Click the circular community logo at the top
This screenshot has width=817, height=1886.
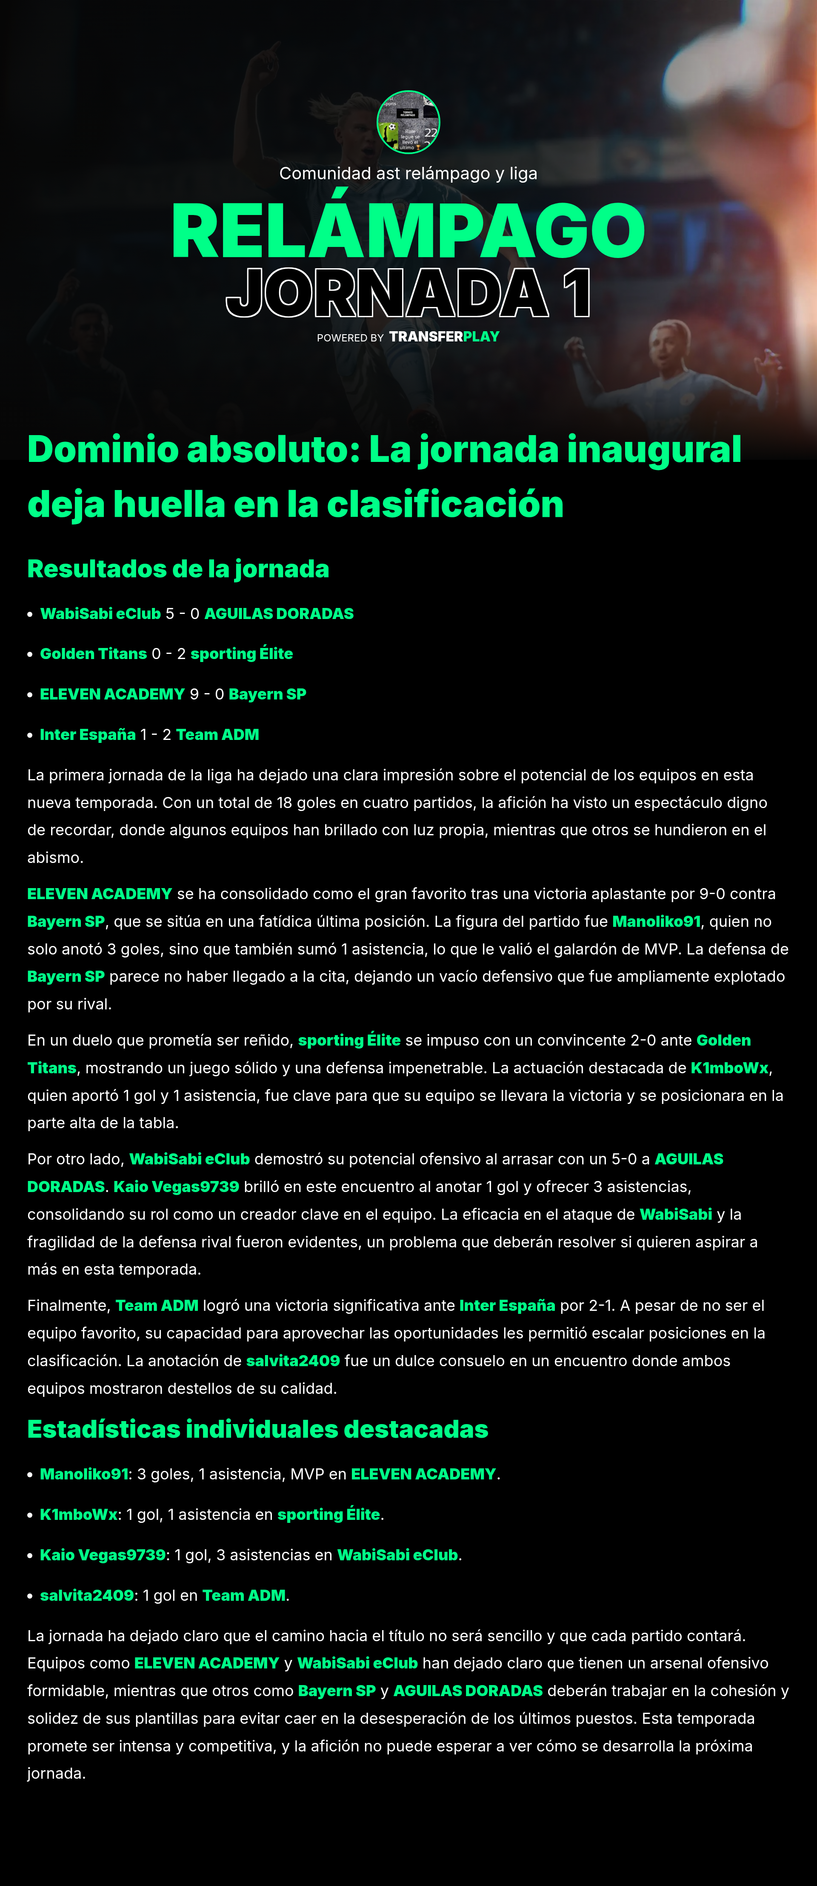408,122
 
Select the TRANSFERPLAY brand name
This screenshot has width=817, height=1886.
444,337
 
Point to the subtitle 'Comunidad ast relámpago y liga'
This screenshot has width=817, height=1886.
408,174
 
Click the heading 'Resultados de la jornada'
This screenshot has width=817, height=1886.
178,569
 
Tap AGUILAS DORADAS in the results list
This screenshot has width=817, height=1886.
278,613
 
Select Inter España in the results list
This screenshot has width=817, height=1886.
87,734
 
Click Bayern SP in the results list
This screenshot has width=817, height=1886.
267,694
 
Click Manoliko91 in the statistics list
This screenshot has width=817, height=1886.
83,1474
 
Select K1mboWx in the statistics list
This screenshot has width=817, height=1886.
78,1514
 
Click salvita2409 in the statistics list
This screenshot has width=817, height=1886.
86,1595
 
